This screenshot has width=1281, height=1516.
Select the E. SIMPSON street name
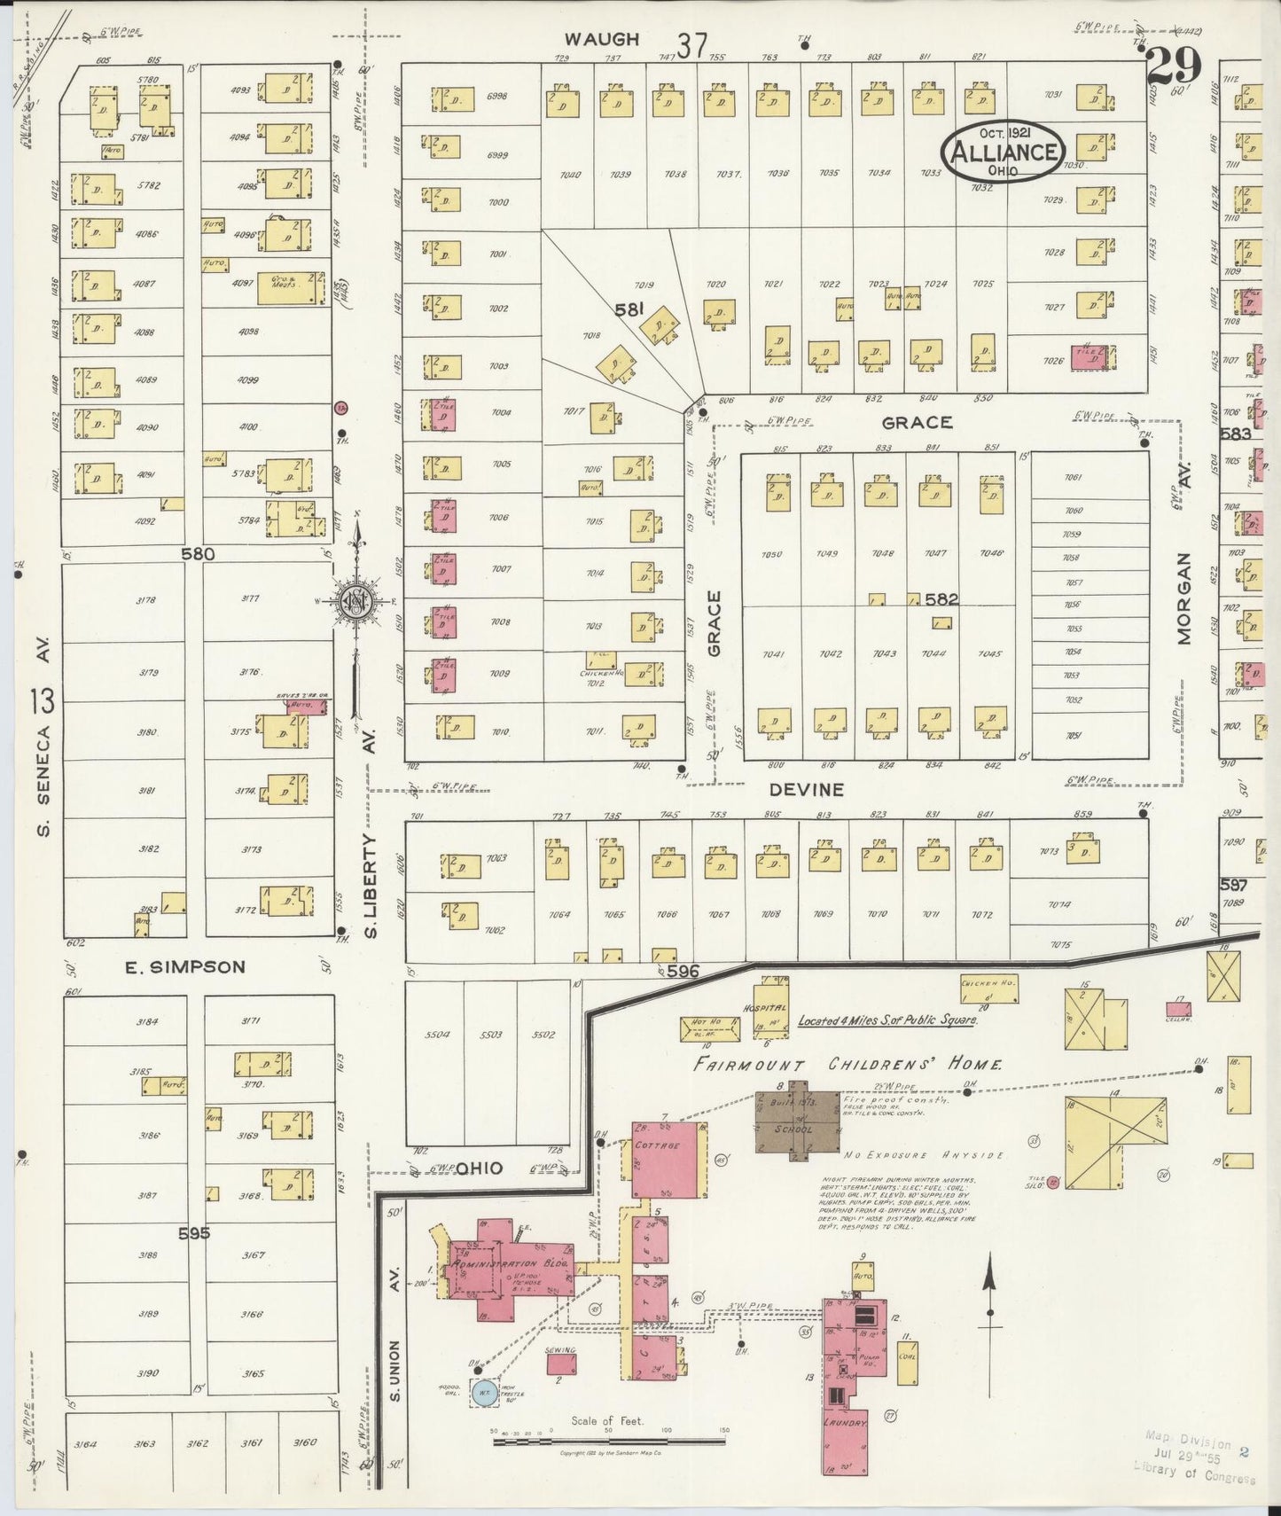184,967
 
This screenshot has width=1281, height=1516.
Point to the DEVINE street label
806,789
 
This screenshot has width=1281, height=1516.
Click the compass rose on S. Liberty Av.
357,602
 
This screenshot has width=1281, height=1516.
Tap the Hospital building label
769,1009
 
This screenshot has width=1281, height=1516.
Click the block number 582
941,599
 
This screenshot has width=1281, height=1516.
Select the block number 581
629,310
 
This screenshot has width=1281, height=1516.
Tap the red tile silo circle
1052,1182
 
